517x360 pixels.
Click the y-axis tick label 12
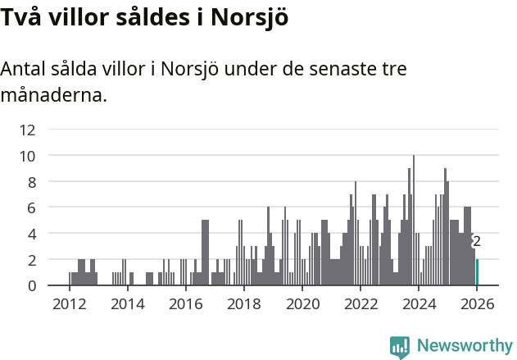[28, 130]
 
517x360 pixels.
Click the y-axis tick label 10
[28, 156]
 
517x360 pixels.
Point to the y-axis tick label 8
[31, 182]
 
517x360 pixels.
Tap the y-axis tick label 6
[31, 208]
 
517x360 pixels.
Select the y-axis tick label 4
[31, 234]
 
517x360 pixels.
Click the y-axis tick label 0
[31, 285]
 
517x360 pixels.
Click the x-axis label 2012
[69, 303]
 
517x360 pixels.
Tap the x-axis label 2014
[127, 303]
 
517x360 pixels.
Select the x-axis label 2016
[185, 303]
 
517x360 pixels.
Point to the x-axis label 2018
[243, 303]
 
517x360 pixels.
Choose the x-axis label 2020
[302, 303]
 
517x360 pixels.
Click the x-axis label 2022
[360, 303]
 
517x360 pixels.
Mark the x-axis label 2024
[418, 303]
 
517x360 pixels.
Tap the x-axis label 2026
[476, 303]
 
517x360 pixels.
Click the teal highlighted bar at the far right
[477, 272]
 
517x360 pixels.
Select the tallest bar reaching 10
[414, 221]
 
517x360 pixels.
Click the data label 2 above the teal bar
[477, 241]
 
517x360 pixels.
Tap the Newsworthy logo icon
[399, 346]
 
